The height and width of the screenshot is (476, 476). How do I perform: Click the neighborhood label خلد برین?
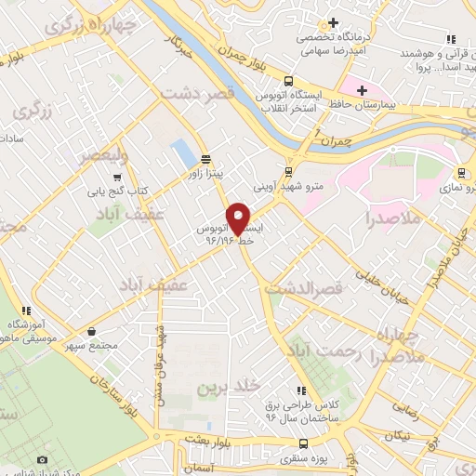224,385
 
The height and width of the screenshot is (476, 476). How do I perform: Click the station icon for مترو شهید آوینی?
288,171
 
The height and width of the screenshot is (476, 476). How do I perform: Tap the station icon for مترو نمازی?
461,172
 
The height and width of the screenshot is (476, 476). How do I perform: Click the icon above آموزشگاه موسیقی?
27,311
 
